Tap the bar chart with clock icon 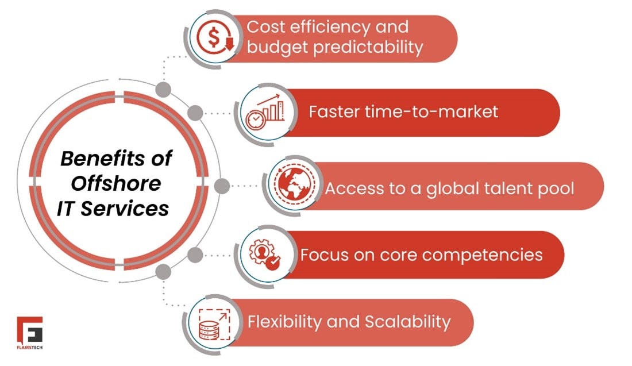(x=265, y=112)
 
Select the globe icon (x=292, y=186)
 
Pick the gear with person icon (x=265, y=255)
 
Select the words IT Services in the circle (x=113, y=208)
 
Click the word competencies (x=477, y=254)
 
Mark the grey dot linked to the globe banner (x=221, y=186)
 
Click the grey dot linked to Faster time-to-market (x=195, y=113)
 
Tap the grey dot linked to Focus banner (x=195, y=255)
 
